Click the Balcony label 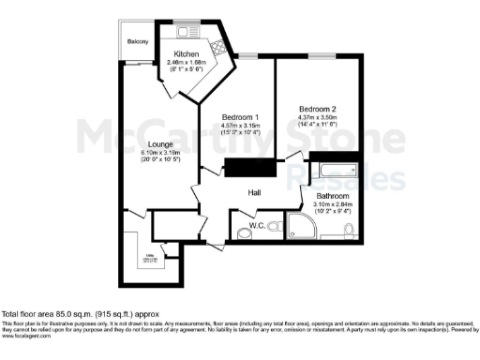click(139, 41)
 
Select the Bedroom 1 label click(239, 116)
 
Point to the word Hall click(253, 193)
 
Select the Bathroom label click(334, 195)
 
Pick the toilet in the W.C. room click(271, 226)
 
